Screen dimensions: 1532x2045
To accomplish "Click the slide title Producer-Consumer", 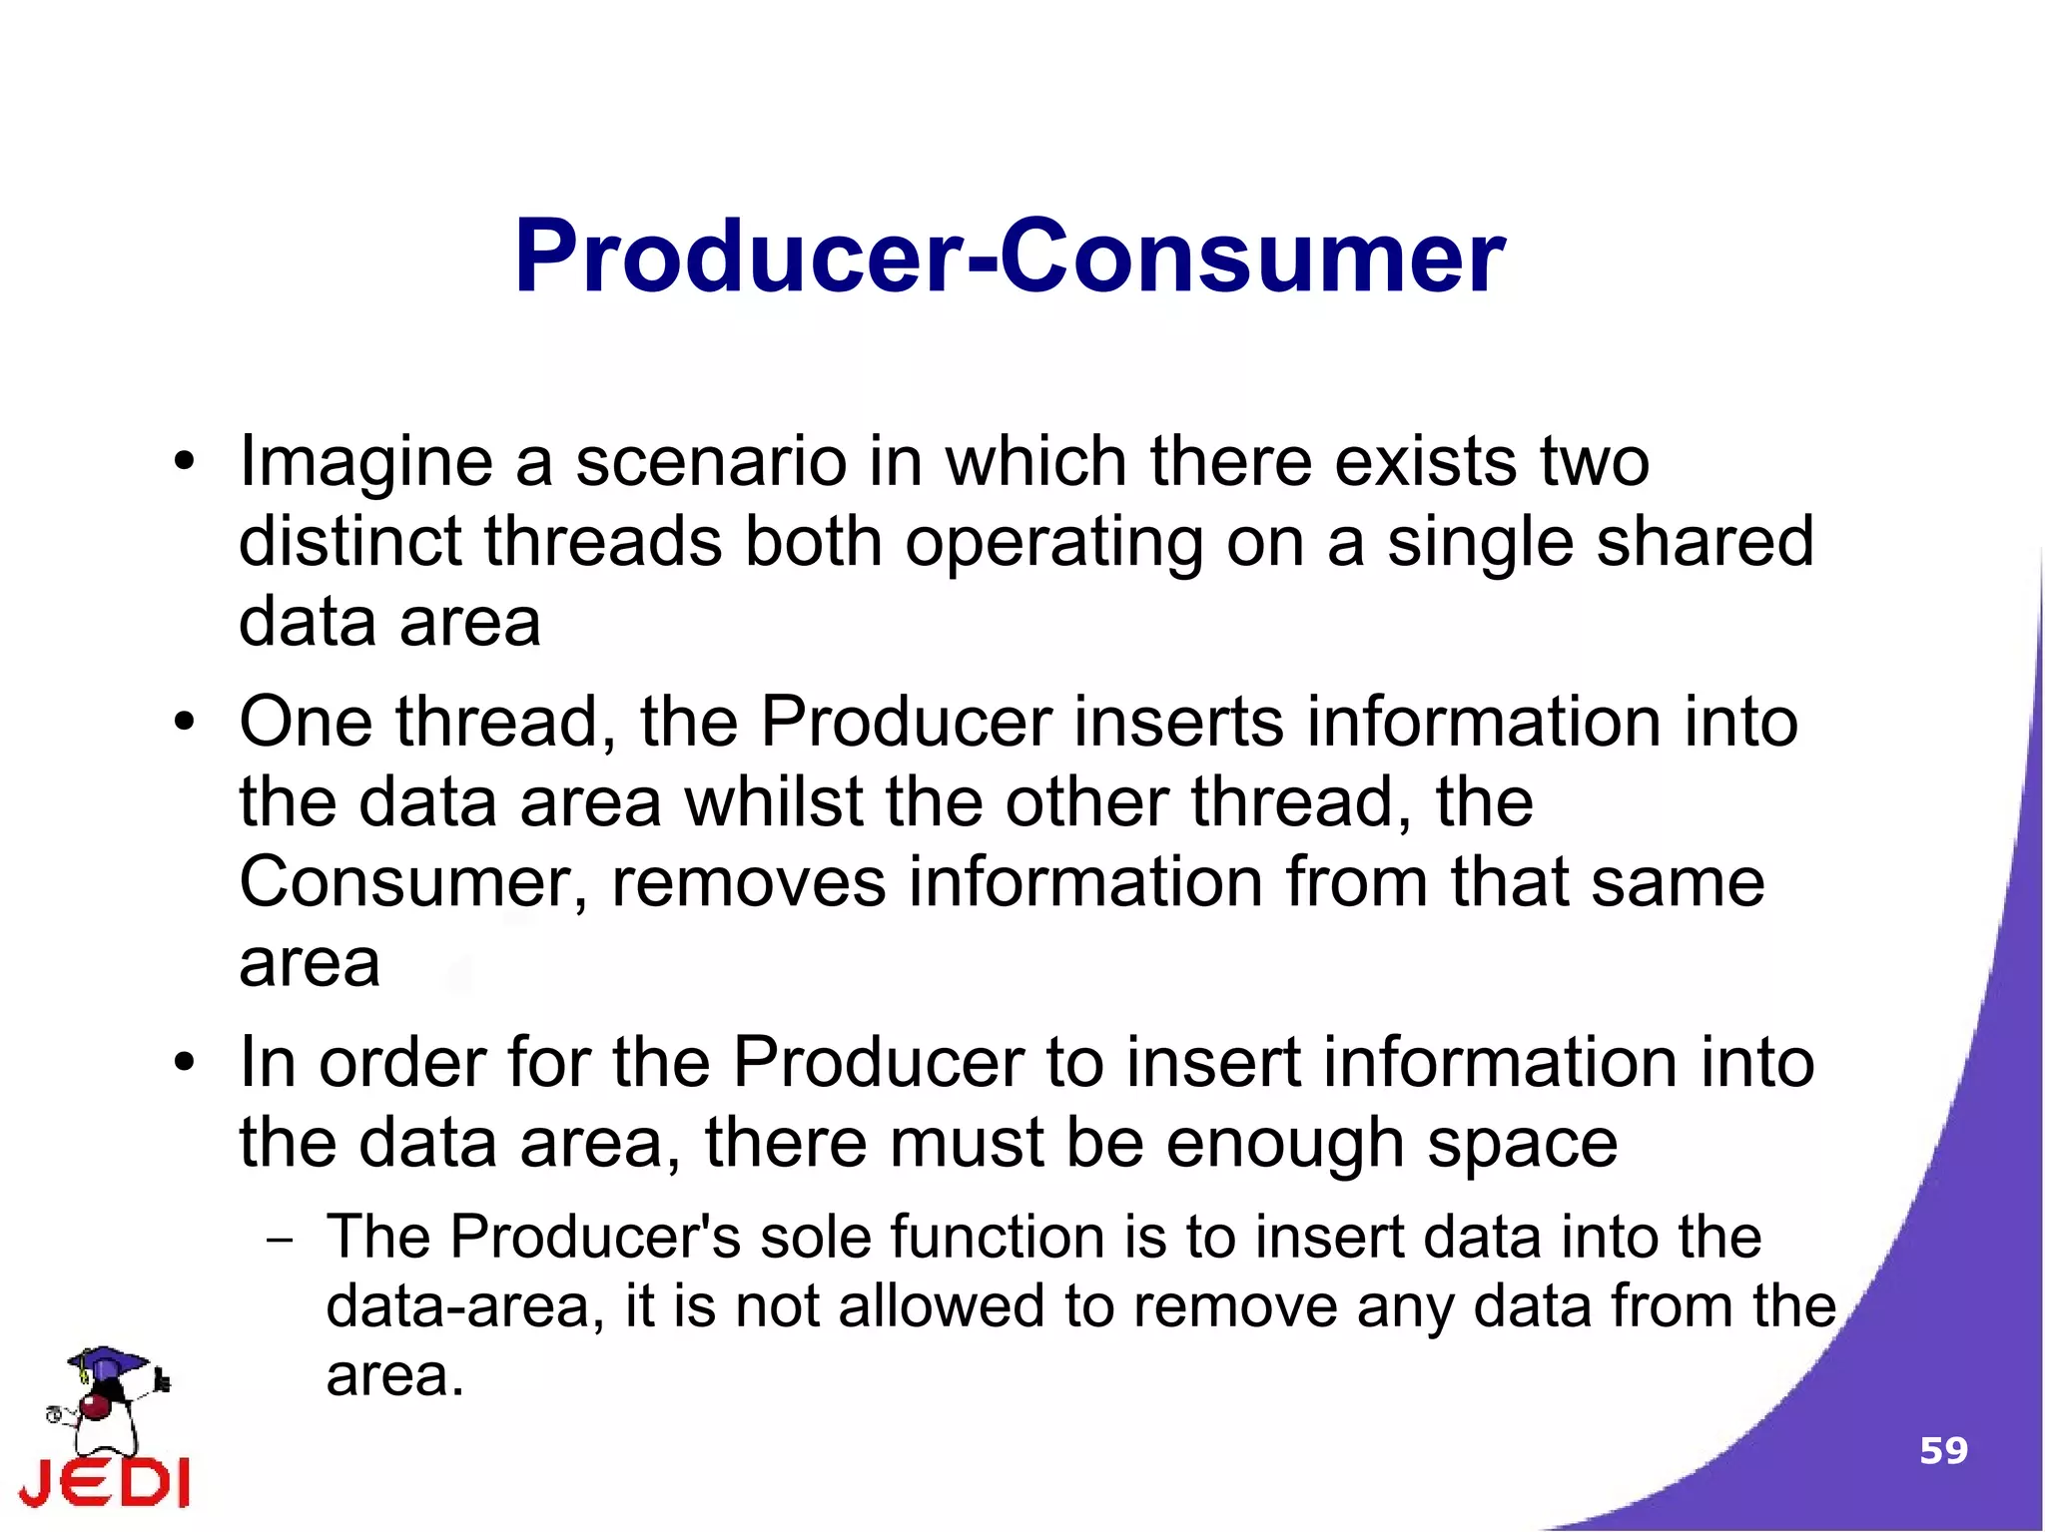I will pyautogui.click(x=1009, y=257).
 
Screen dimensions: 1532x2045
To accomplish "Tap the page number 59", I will pyautogui.click(x=1943, y=1450).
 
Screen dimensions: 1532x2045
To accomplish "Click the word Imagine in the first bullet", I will pyautogui.click(x=365, y=464).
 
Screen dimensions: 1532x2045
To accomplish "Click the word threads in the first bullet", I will pyautogui.click(x=603, y=542).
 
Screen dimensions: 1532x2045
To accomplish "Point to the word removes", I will pyautogui.click(x=748, y=884).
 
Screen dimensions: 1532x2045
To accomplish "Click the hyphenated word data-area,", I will pyautogui.click(x=465, y=1306).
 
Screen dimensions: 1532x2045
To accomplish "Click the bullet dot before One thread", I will pyautogui.click(x=184, y=722).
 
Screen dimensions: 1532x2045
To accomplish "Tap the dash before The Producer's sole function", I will pyautogui.click(x=281, y=1241).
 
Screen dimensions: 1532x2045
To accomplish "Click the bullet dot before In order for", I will pyautogui.click(x=184, y=1063).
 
